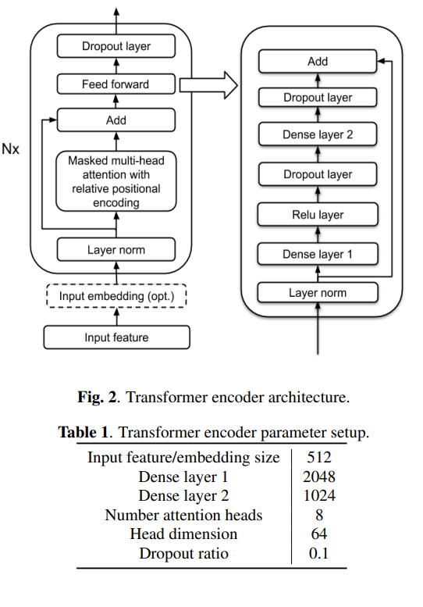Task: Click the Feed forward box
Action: tap(116, 84)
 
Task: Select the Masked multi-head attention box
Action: tap(116, 181)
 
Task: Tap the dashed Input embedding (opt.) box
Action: tap(116, 297)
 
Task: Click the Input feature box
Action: tap(116, 337)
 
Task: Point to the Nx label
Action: tap(11, 148)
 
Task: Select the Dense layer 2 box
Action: tap(318, 135)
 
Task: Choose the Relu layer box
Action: tap(318, 215)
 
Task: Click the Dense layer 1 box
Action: tap(318, 254)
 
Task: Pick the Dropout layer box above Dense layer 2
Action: tap(318, 98)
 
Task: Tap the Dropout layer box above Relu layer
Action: tap(318, 174)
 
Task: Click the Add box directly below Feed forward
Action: tap(116, 120)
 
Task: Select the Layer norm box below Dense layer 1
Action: tap(318, 293)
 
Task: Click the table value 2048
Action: tap(318, 477)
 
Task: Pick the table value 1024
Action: tap(318, 496)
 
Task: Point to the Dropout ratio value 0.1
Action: tap(318, 554)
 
